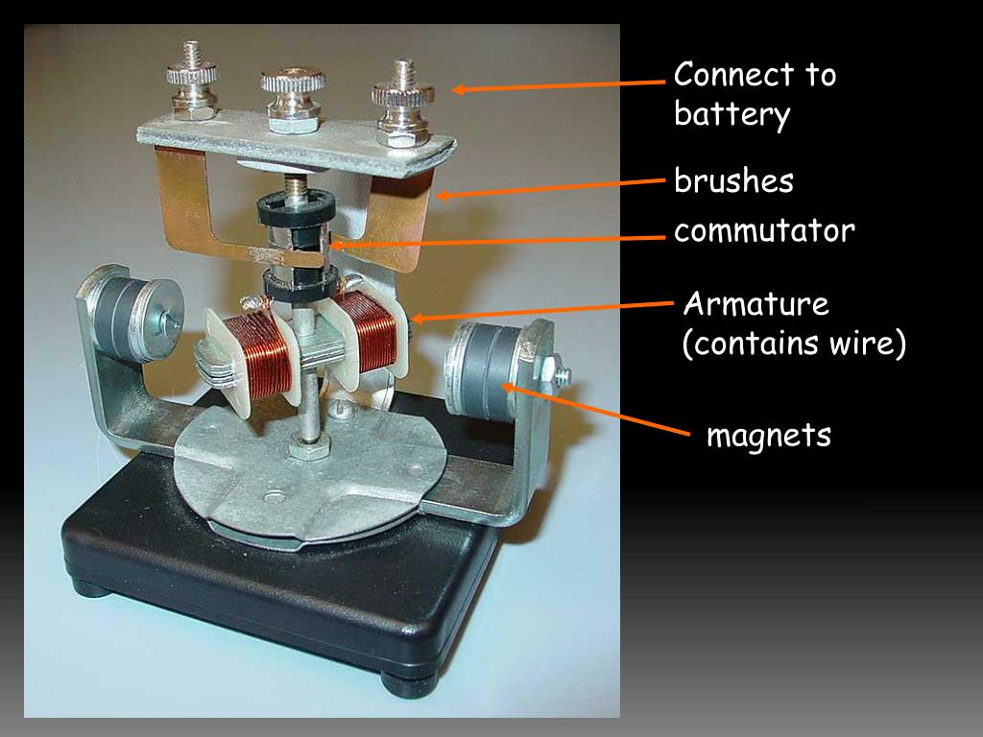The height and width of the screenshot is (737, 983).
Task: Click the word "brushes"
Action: [733, 181]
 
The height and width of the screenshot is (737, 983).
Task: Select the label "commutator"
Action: [764, 231]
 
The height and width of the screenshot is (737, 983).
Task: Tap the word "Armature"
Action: [755, 305]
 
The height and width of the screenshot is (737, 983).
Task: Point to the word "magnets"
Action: [769, 437]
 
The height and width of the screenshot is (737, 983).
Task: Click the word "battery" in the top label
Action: [731, 115]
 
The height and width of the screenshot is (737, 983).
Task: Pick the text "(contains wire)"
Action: [794, 345]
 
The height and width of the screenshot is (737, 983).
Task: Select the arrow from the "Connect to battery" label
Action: [557, 86]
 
